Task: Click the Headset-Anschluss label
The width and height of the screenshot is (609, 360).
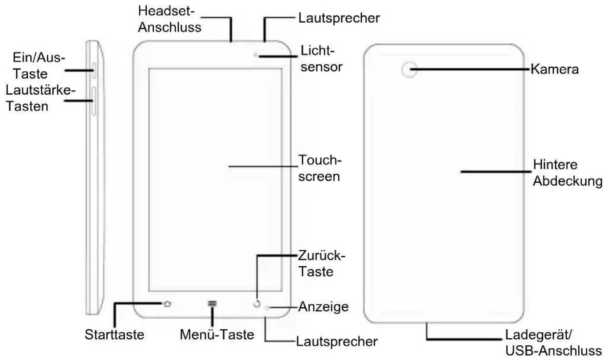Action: pos(170,19)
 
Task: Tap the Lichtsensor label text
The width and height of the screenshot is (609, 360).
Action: pos(321,59)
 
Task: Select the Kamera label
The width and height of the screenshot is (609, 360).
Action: pos(555,70)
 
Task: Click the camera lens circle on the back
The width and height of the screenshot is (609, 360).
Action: pos(409,70)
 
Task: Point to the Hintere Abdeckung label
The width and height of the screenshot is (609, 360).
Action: pos(568,173)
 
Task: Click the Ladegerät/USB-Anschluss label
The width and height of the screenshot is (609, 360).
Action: pos(553,343)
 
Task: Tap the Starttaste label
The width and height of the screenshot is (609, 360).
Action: pos(114,335)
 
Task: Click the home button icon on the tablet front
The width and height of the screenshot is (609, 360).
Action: pos(167,303)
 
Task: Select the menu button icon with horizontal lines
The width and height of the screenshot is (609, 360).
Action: pos(212,303)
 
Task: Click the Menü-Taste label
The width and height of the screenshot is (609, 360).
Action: pos(217,335)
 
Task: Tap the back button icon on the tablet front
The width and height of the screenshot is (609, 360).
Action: pos(257,304)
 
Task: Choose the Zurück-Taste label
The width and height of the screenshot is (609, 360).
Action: pos(321,264)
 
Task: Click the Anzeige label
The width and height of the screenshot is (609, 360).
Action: pos(323,307)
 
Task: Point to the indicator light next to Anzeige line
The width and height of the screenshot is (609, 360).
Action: pos(267,308)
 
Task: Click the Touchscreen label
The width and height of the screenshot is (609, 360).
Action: pos(320,168)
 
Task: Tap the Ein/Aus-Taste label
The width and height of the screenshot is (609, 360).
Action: pos(39,66)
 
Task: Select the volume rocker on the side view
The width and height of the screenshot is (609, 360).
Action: pos(94,101)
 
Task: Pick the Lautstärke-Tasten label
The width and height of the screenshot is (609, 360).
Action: pos(41,98)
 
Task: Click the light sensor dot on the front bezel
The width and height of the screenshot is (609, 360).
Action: pos(256,55)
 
